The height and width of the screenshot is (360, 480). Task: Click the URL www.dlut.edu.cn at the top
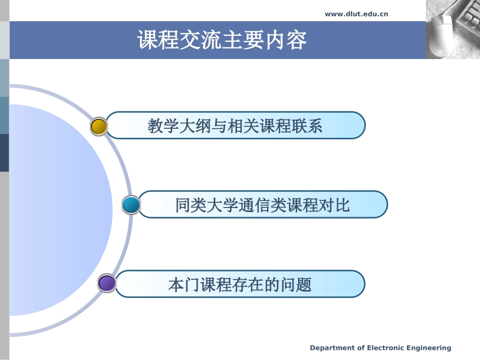coord(356,14)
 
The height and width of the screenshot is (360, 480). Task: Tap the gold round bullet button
coord(99,126)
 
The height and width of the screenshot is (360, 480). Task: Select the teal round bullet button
coord(131,205)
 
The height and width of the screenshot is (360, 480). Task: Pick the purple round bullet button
coord(107,284)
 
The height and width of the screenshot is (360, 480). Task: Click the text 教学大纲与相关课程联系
coord(235,126)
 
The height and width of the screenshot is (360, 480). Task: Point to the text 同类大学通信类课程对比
coord(262,205)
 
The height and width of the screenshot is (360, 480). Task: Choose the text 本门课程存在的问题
coord(239,285)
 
